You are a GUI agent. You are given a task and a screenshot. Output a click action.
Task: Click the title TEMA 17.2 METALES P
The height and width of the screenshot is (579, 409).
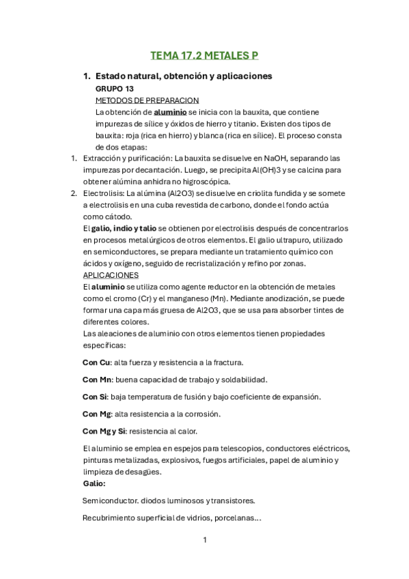(x=204, y=55)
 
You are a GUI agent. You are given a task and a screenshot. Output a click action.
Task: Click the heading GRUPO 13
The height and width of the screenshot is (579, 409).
(x=115, y=89)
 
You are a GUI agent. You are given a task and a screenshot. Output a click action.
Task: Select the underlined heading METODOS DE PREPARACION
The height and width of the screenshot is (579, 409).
(x=147, y=100)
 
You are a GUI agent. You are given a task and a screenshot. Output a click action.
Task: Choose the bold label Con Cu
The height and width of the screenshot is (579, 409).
(x=97, y=363)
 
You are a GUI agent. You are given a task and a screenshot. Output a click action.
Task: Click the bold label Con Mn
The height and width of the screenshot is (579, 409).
(x=98, y=380)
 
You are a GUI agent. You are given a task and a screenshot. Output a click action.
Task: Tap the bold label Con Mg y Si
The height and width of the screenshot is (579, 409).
(x=104, y=431)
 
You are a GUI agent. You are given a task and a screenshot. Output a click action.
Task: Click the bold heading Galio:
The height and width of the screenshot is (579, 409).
(x=94, y=483)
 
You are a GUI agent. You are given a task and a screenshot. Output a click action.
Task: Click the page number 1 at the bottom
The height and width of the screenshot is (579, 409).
(x=205, y=540)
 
